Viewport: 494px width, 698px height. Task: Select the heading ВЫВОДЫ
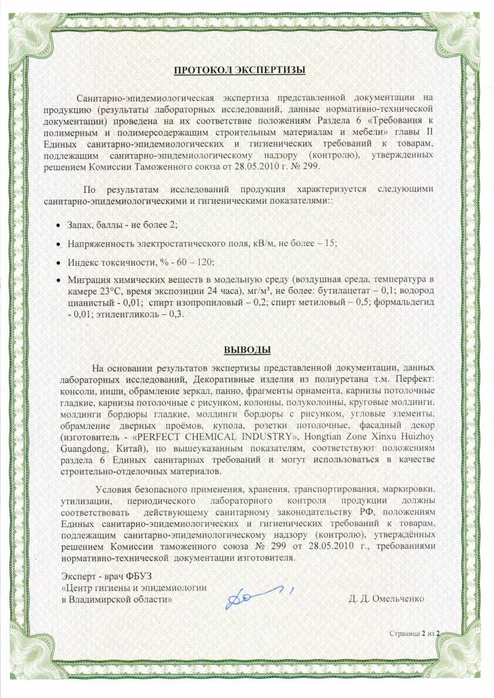[x=248, y=350]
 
